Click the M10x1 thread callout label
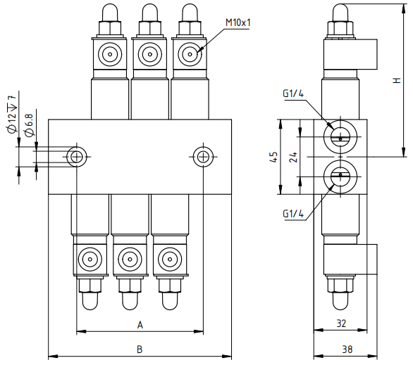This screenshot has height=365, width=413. pyautogui.click(x=238, y=23)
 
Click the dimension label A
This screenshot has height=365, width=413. pyautogui.click(x=140, y=325)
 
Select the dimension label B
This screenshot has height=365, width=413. pyautogui.click(x=140, y=350)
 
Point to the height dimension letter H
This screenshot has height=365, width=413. pyautogui.click(x=397, y=80)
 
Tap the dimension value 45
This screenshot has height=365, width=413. pyautogui.click(x=274, y=157)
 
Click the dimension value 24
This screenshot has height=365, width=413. pyautogui.click(x=293, y=157)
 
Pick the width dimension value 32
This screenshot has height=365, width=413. pyautogui.click(x=341, y=324)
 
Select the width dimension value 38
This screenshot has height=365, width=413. pyautogui.click(x=347, y=350)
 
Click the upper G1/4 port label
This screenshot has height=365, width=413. pyautogui.click(x=293, y=94)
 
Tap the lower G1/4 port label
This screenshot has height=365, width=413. pyautogui.click(x=293, y=214)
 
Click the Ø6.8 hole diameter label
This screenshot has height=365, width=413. pyautogui.click(x=29, y=124)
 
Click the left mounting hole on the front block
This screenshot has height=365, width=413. pyautogui.click(x=77, y=157)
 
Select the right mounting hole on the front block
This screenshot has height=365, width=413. pyautogui.click(x=203, y=157)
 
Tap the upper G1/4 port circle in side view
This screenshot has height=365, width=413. pyautogui.click(x=340, y=137)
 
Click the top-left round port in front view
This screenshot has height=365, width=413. pyautogui.click(x=110, y=54)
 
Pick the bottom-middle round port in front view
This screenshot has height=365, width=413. pyautogui.click(x=130, y=260)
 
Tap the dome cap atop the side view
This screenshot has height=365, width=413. pyautogui.click(x=340, y=13)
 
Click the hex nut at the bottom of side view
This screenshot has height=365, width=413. pyautogui.click(x=340, y=286)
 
